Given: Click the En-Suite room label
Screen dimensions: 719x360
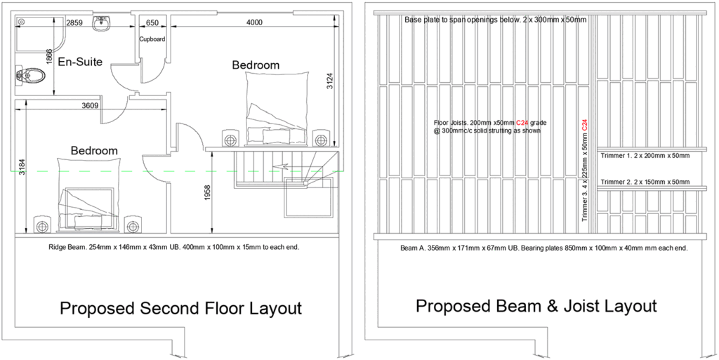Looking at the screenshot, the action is pos(80,62).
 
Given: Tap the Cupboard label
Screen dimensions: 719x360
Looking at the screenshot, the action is pos(152,39).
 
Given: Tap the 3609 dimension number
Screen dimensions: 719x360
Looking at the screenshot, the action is pos(91,106).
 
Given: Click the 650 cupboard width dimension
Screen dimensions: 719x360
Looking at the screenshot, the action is pos(152,23).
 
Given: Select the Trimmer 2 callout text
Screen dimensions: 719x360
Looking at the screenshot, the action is pos(645,182).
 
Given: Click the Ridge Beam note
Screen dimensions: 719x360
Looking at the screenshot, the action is pos(174,248).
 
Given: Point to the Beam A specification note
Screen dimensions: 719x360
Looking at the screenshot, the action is pos(544,248).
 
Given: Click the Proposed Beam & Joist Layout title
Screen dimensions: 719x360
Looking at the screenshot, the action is pos(536,306).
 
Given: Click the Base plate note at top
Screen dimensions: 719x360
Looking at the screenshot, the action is pos(495,20).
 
